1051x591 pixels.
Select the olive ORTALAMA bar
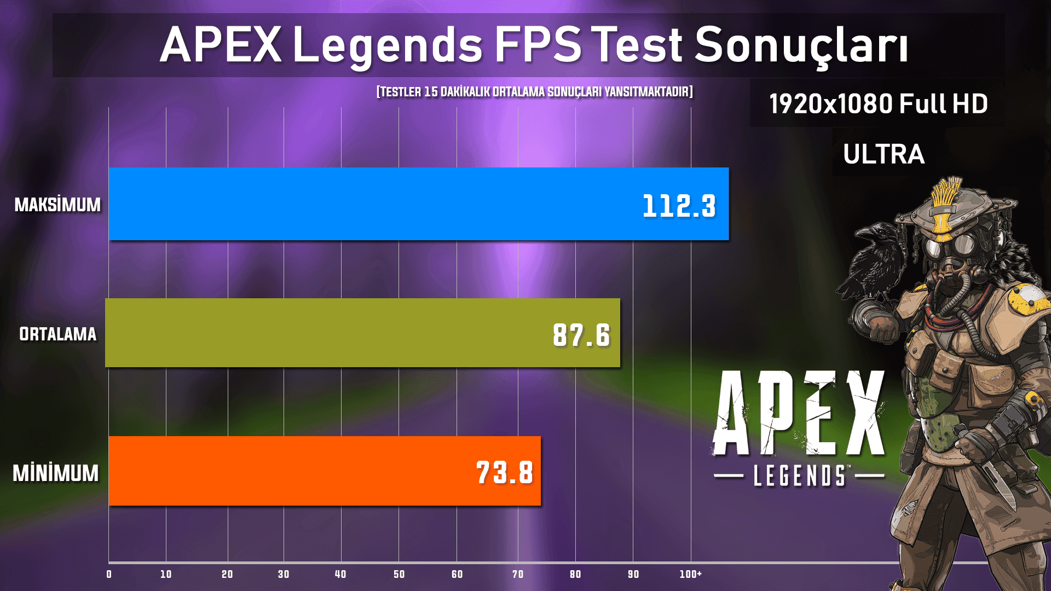click(328, 333)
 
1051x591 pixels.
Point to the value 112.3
click(679, 206)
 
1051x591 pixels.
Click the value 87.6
click(581, 335)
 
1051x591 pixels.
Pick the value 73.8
click(505, 473)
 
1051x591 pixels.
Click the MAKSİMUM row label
click(57, 205)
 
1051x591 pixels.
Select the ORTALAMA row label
click(57, 334)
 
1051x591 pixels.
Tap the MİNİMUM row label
click(56, 473)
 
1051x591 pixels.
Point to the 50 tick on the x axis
click(399, 574)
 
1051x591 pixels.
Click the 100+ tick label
click(691, 574)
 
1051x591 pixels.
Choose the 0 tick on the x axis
click(109, 574)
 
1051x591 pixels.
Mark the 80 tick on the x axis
click(575, 574)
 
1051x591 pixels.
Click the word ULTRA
click(883, 154)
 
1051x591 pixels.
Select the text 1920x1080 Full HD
click(878, 104)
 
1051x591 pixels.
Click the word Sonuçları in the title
click(801, 45)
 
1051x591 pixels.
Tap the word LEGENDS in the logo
click(799, 476)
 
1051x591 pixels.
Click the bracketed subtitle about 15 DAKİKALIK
click(535, 91)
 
